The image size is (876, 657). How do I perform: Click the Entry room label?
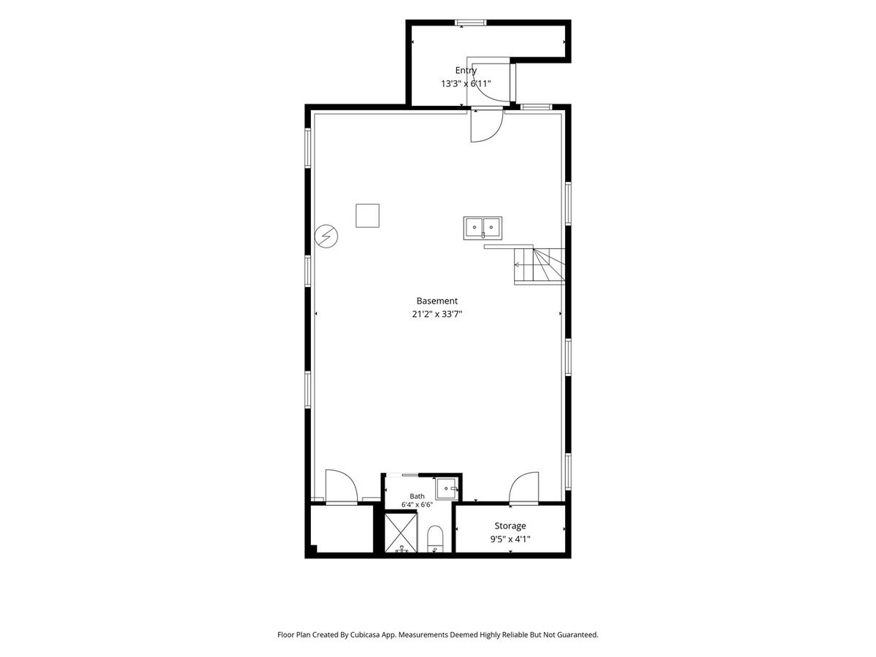[x=466, y=71]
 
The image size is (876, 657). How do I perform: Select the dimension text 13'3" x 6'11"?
[x=466, y=84]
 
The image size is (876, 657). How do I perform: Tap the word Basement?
[x=437, y=301]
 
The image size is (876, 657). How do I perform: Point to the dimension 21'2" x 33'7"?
[x=437, y=314]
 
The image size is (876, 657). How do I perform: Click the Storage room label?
[x=510, y=526]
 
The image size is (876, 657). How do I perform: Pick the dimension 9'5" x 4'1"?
[x=510, y=539]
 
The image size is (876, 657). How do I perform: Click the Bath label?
[x=417, y=496]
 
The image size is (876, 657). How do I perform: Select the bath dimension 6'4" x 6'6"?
[x=417, y=504]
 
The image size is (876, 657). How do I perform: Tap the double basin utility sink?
[x=483, y=228]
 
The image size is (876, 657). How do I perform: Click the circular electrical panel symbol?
[x=326, y=237]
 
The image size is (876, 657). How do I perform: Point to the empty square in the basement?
[x=368, y=216]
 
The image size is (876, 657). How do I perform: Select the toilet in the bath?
[x=435, y=539]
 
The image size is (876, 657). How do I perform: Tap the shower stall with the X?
[x=401, y=533]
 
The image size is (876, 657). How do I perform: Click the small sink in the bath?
[x=447, y=488]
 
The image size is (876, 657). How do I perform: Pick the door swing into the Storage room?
[x=524, y=488]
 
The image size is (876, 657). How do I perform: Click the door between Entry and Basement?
[x=486, y=125]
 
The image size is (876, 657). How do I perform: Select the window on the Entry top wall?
[x=472, y=23]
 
